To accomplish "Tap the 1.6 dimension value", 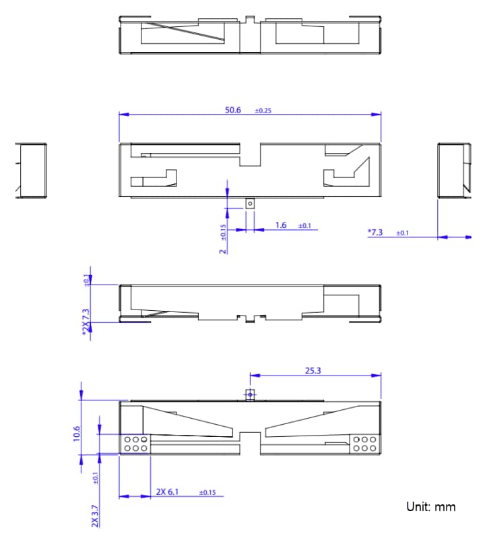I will click(x=281, y=225).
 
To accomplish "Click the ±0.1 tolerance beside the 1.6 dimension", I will click(x=304, y=225).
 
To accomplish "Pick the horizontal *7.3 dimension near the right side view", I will click(x=375, y=232).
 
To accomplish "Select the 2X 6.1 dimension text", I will click(x=169, y=492).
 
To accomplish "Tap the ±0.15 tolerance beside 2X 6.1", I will click(x=207, y=492).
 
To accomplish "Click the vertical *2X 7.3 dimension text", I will click(x=86, y=323).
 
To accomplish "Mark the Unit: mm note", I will click(x=430, y=506).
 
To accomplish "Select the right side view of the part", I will click(x=453, y=171).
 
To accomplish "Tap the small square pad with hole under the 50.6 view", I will click(x=250, y=203).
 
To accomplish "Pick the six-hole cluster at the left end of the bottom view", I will click(x=135, y=444).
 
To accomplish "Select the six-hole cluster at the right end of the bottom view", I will click(x=364, y=444).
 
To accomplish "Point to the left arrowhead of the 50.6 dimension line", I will click(x=122, y=114).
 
